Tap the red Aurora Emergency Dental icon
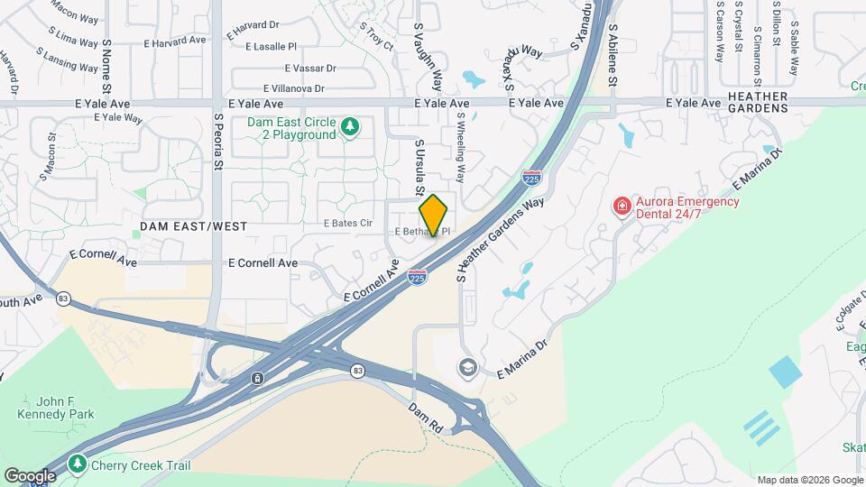(x=622, y=207)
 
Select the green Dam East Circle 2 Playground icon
(x=349, y=128)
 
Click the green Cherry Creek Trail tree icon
(x=78, y=464)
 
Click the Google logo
(x=30, y=475)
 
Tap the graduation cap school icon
(x=467, y=367)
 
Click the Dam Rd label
(x=425, y=417)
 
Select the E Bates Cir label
(x=347, y=223)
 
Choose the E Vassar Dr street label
(x=310, y=69)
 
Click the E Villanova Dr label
(x=299, y=88)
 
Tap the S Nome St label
(x=106, y=66)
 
